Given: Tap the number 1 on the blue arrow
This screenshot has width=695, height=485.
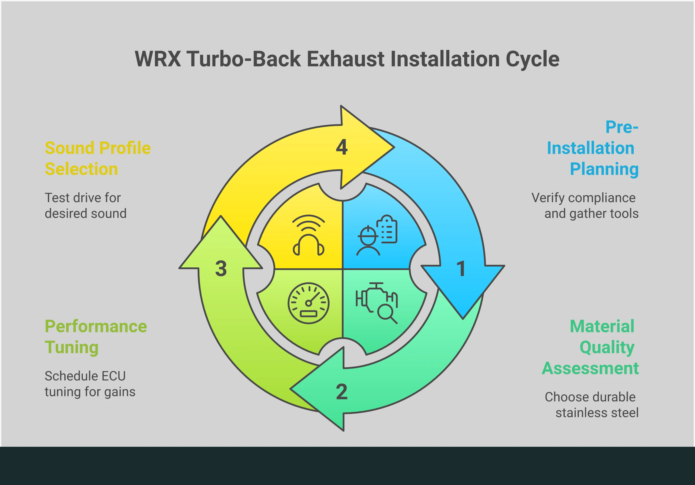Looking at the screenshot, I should [461, 269].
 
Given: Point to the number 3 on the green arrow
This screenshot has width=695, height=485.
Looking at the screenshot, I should [221, 269].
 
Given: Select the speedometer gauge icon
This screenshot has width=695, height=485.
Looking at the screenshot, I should [308, 303].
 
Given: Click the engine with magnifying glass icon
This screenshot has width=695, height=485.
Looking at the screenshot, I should [377, 303].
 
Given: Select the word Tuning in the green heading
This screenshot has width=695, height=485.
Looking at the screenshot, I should [72, 347].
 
